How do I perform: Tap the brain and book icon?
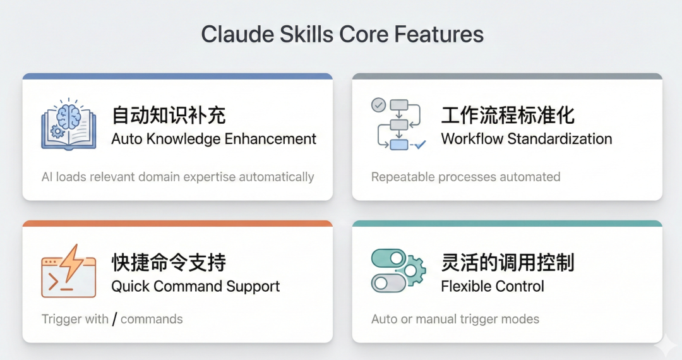[x=68, y=124]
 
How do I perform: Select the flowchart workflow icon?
[x=398, y=124]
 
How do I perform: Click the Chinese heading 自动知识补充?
[x=169, y=116]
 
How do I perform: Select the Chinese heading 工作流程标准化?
[x=508, y=116]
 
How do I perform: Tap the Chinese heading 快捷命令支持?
[x=169, y=263]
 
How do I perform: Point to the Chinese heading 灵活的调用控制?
[x=508, y=263]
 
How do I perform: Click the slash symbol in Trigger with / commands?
[x=114, y=319]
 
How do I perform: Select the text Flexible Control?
[x=493, y=286]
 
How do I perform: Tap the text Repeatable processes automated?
[x=465, y=177]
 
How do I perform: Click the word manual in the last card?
[x=434, y=319]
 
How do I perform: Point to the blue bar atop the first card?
[x=177, y=76]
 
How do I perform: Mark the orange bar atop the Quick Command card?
[x=177, y=224]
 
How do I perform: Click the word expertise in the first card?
[x=206, y=177]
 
